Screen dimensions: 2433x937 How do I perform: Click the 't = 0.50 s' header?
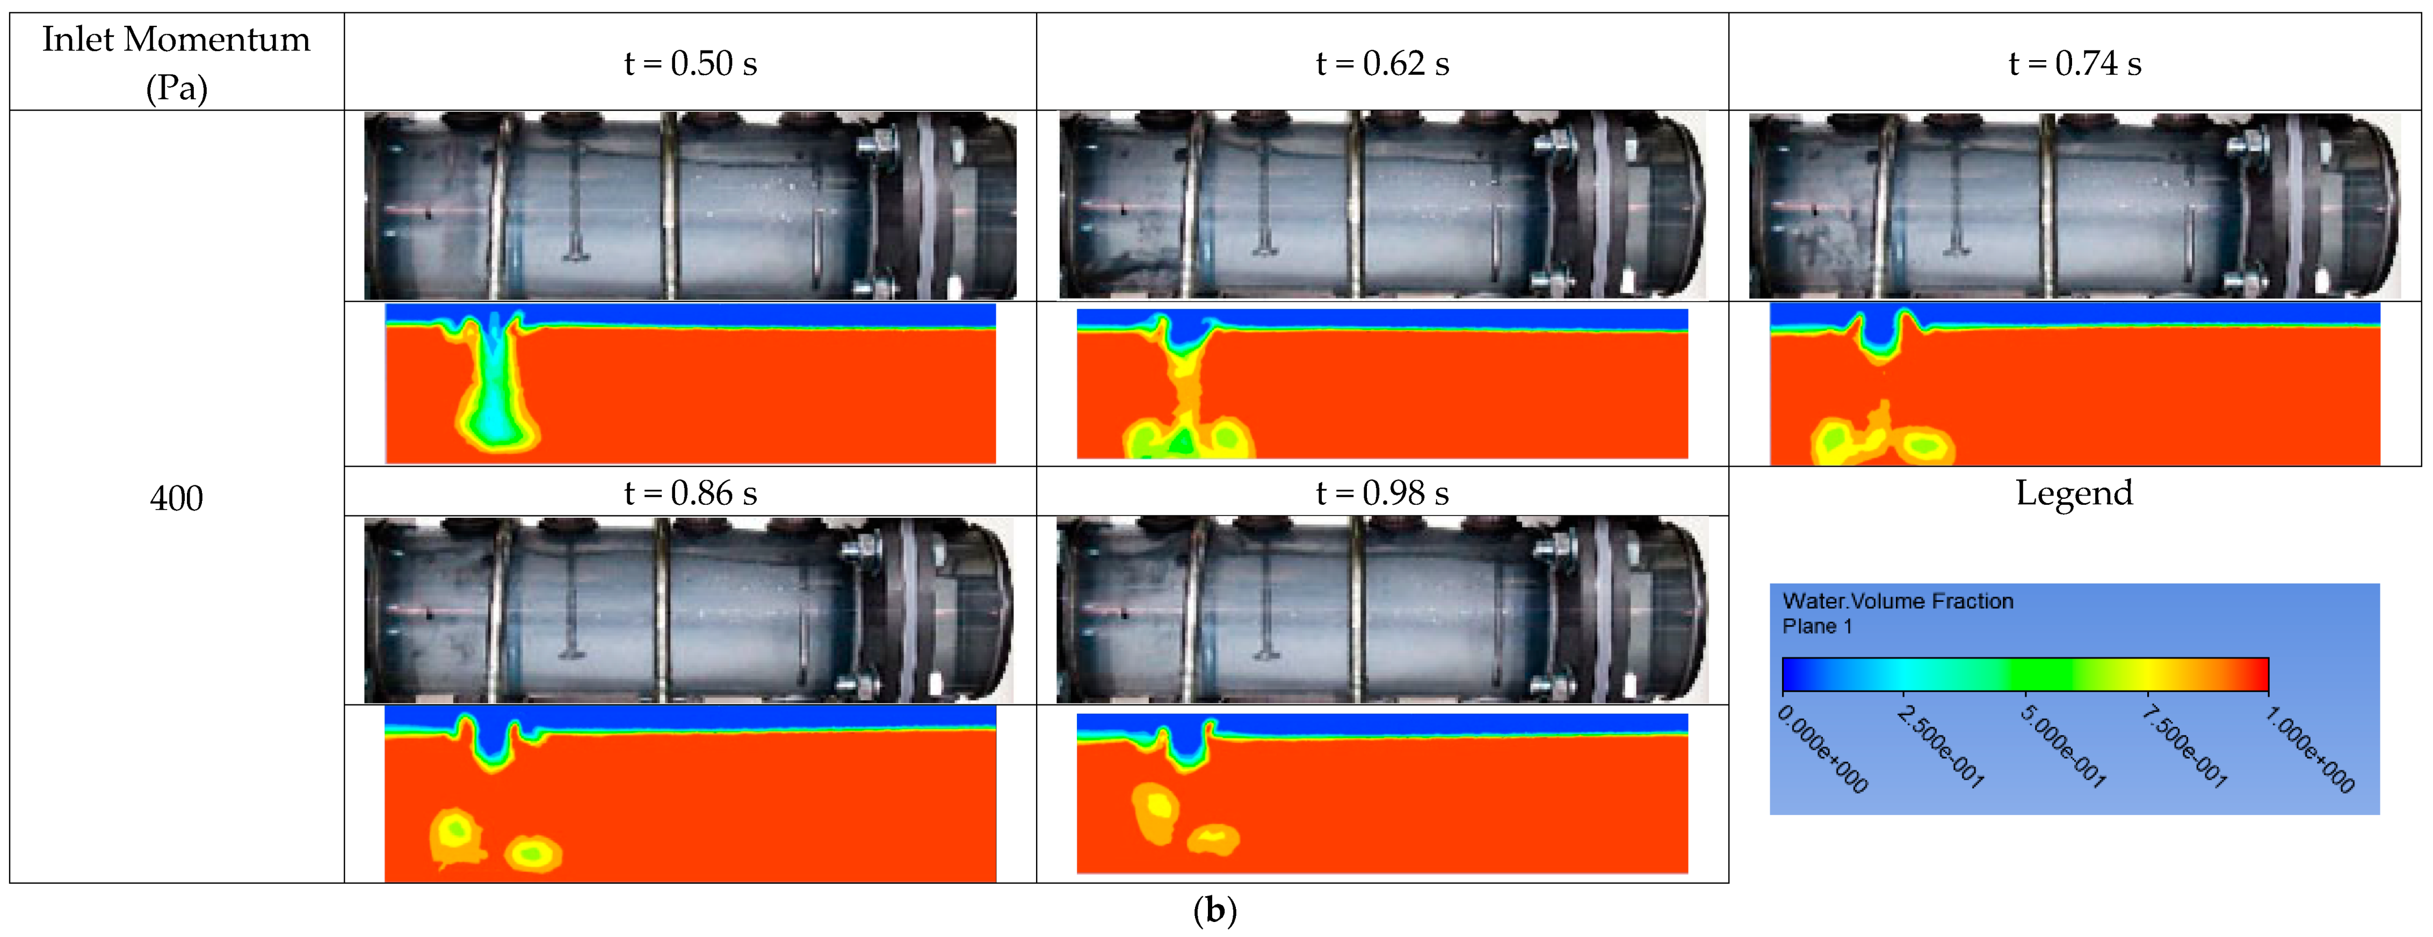coord(690,63)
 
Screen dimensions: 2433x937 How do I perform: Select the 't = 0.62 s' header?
coord(1383,63)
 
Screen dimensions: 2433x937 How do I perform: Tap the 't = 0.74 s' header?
coord(2075,63)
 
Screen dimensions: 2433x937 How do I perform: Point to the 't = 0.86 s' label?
coord(690,493)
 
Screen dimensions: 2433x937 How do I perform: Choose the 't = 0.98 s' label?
coord(1383,493)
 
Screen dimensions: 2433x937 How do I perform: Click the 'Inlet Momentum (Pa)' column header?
coord(177,63)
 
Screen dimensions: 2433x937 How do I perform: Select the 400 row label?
coord(177,498)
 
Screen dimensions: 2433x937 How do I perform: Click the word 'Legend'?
coord(2074,493)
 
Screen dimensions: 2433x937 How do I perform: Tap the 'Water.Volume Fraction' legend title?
coord(1898,601)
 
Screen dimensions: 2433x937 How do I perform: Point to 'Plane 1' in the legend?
coord(1817,626)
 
